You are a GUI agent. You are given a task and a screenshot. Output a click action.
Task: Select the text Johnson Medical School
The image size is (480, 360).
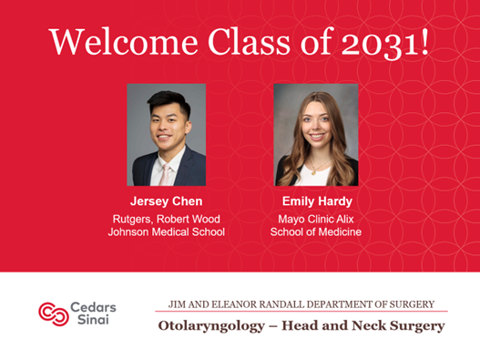[166, 231]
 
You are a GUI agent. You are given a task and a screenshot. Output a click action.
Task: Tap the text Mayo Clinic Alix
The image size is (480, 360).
[315, 219]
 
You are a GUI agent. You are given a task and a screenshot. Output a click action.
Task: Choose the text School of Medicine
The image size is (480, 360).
[315, 231]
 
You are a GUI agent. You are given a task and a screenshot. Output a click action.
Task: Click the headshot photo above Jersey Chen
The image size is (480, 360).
[166, 135]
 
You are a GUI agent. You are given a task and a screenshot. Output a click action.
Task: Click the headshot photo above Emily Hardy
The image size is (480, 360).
[315, 135]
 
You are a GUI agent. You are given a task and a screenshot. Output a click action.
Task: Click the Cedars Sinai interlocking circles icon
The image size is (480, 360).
[53, 313]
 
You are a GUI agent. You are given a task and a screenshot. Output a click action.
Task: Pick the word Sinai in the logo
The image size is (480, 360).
[87, 320]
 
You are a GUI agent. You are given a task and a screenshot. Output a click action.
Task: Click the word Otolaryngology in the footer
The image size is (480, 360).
[212, 325]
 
